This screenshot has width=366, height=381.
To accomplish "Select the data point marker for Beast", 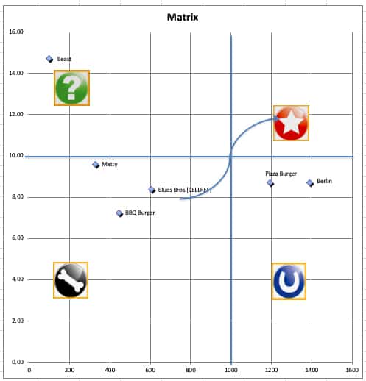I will (49, 59).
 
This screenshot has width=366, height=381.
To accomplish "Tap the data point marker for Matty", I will (96, 165).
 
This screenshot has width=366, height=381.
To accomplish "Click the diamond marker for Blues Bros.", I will (152, 190).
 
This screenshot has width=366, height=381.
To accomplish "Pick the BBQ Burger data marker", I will (119, 213).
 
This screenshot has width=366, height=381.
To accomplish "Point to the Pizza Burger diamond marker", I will (270, 183).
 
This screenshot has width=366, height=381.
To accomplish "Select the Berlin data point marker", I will (310, 183).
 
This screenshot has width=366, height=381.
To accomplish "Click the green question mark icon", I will (71, 88).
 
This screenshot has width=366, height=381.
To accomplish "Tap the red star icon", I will (291, 124).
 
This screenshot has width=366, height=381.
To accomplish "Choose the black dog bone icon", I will (71, 279).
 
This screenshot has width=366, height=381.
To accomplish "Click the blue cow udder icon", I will (289, 281).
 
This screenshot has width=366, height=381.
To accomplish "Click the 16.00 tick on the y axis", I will (15, 32).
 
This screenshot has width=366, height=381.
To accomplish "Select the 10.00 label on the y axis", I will (15, 156).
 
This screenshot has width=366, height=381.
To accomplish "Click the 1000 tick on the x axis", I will (231, 371).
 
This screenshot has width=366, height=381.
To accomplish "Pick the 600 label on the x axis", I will (150, 371).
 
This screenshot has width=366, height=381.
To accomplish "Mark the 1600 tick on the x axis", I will (352, 371).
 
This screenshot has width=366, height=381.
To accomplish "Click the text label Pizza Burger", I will (281, 174).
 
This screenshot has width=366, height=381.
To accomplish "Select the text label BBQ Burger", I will (140, 213).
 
